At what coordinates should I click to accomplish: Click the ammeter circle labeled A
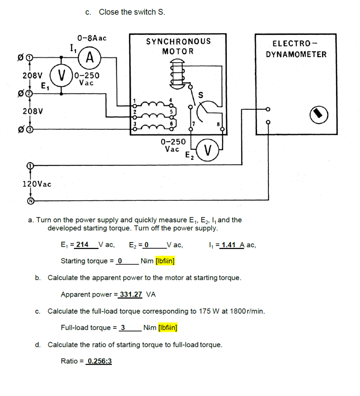tap(90, 58)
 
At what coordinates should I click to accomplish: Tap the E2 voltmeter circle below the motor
tap(208, 150)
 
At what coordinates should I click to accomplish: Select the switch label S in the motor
tap(201, 95)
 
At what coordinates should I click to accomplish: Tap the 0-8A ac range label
tap(92, 38)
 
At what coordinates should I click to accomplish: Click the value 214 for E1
tap(82, 244)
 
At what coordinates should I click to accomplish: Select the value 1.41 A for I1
tap(231, 244)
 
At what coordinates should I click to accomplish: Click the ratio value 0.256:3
tap(99, 361)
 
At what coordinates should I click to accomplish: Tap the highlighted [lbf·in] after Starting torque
tap(165, 261)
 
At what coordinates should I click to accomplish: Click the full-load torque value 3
tap(123, 328)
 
